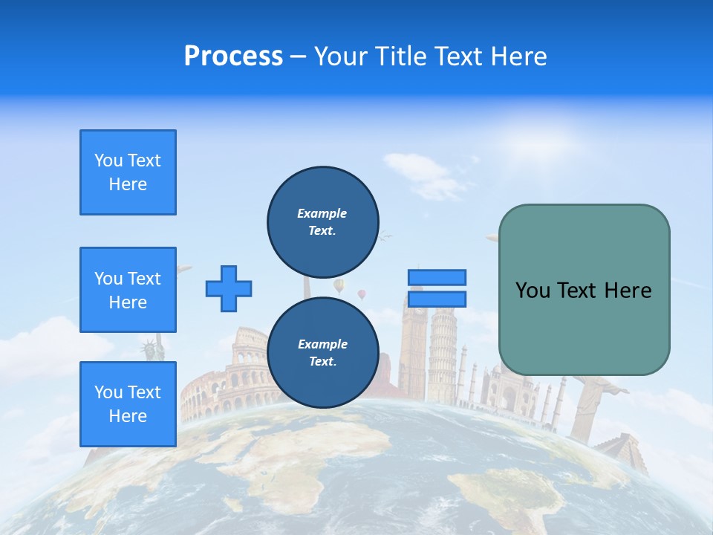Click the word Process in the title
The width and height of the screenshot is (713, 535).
tap(233, 56)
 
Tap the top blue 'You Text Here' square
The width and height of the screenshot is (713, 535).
tap(128, 172)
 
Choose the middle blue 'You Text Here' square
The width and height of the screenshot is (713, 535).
tap(128, 290)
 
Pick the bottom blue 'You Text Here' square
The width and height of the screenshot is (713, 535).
tap(128, 404)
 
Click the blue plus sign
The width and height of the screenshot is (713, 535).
tap(229, 288)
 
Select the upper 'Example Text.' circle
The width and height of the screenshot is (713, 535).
tap(322, 221)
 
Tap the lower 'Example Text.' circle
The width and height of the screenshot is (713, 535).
tap(322, 353)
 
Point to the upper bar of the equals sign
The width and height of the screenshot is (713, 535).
tap(437, 277)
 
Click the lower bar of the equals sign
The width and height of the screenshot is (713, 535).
tap(437, 299)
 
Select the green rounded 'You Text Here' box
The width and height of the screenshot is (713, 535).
tap(584, 290)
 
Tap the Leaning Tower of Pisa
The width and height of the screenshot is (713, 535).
tap(443, 349)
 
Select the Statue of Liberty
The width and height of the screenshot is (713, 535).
tap(152, 349)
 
